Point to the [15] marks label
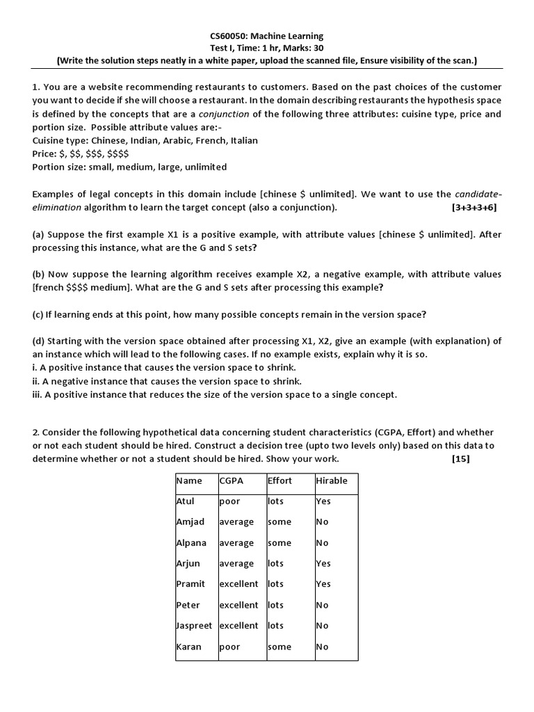point(460,459)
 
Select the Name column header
point(189,480)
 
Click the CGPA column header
point(231,480)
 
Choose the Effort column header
point(280,480)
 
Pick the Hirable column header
point(332,480)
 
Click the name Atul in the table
point(186,501)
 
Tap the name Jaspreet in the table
point(194,626)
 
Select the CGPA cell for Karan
point(229,647)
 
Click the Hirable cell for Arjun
point(323,563)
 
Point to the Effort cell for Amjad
point(280,521)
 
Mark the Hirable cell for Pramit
point(323,584)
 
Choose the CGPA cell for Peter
point(238,605)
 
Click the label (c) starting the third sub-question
point(39,314)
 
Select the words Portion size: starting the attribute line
point(60,167)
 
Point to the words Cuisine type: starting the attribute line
point(60,140)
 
